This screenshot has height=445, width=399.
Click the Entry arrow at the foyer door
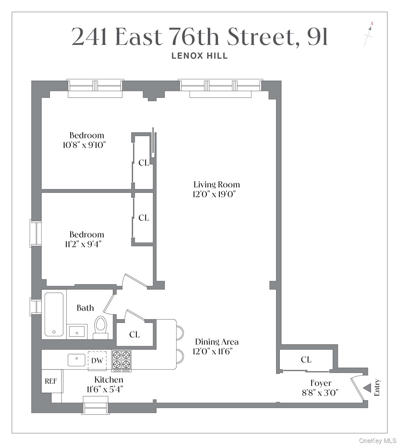tap(367, 388)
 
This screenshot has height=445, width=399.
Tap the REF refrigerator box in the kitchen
tap(51, 381)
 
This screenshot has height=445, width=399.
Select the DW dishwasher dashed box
tap(97, 360)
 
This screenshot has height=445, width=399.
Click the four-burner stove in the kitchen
tap(122, 361)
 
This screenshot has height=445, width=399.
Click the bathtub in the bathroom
tap(54, 314)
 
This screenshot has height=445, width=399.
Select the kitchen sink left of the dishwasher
tap(77, 360)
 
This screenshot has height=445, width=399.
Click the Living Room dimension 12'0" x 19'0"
tap(214, 194)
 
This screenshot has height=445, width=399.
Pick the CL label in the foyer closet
tap(306, 360)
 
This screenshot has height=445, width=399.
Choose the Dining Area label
tap(217, 342)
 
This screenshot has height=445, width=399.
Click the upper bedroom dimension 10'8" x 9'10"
tap(84, 145)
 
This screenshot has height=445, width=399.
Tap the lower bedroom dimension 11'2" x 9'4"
tap(83, 244)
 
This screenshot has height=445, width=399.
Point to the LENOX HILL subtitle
tap(200, 56)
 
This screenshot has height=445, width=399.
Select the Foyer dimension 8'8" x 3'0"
tap(320, 393)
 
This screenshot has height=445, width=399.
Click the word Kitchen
tap(109, 380)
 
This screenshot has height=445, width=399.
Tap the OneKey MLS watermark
tap(378, 441)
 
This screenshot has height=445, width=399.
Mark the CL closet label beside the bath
tap(135, 335)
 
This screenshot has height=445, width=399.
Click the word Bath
tap(85, 308)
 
